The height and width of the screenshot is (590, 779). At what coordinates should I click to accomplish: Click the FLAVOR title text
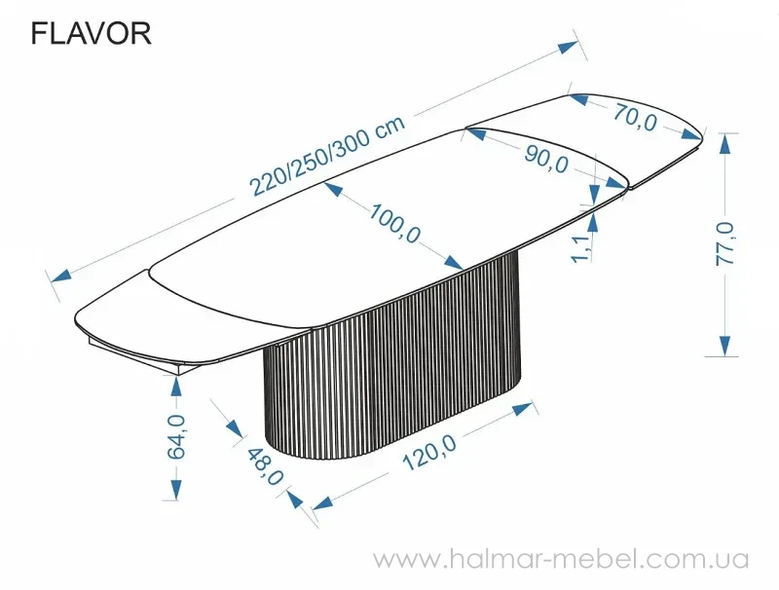point(91,34)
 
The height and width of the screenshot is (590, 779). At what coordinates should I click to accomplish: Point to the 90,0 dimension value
point(544,158)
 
